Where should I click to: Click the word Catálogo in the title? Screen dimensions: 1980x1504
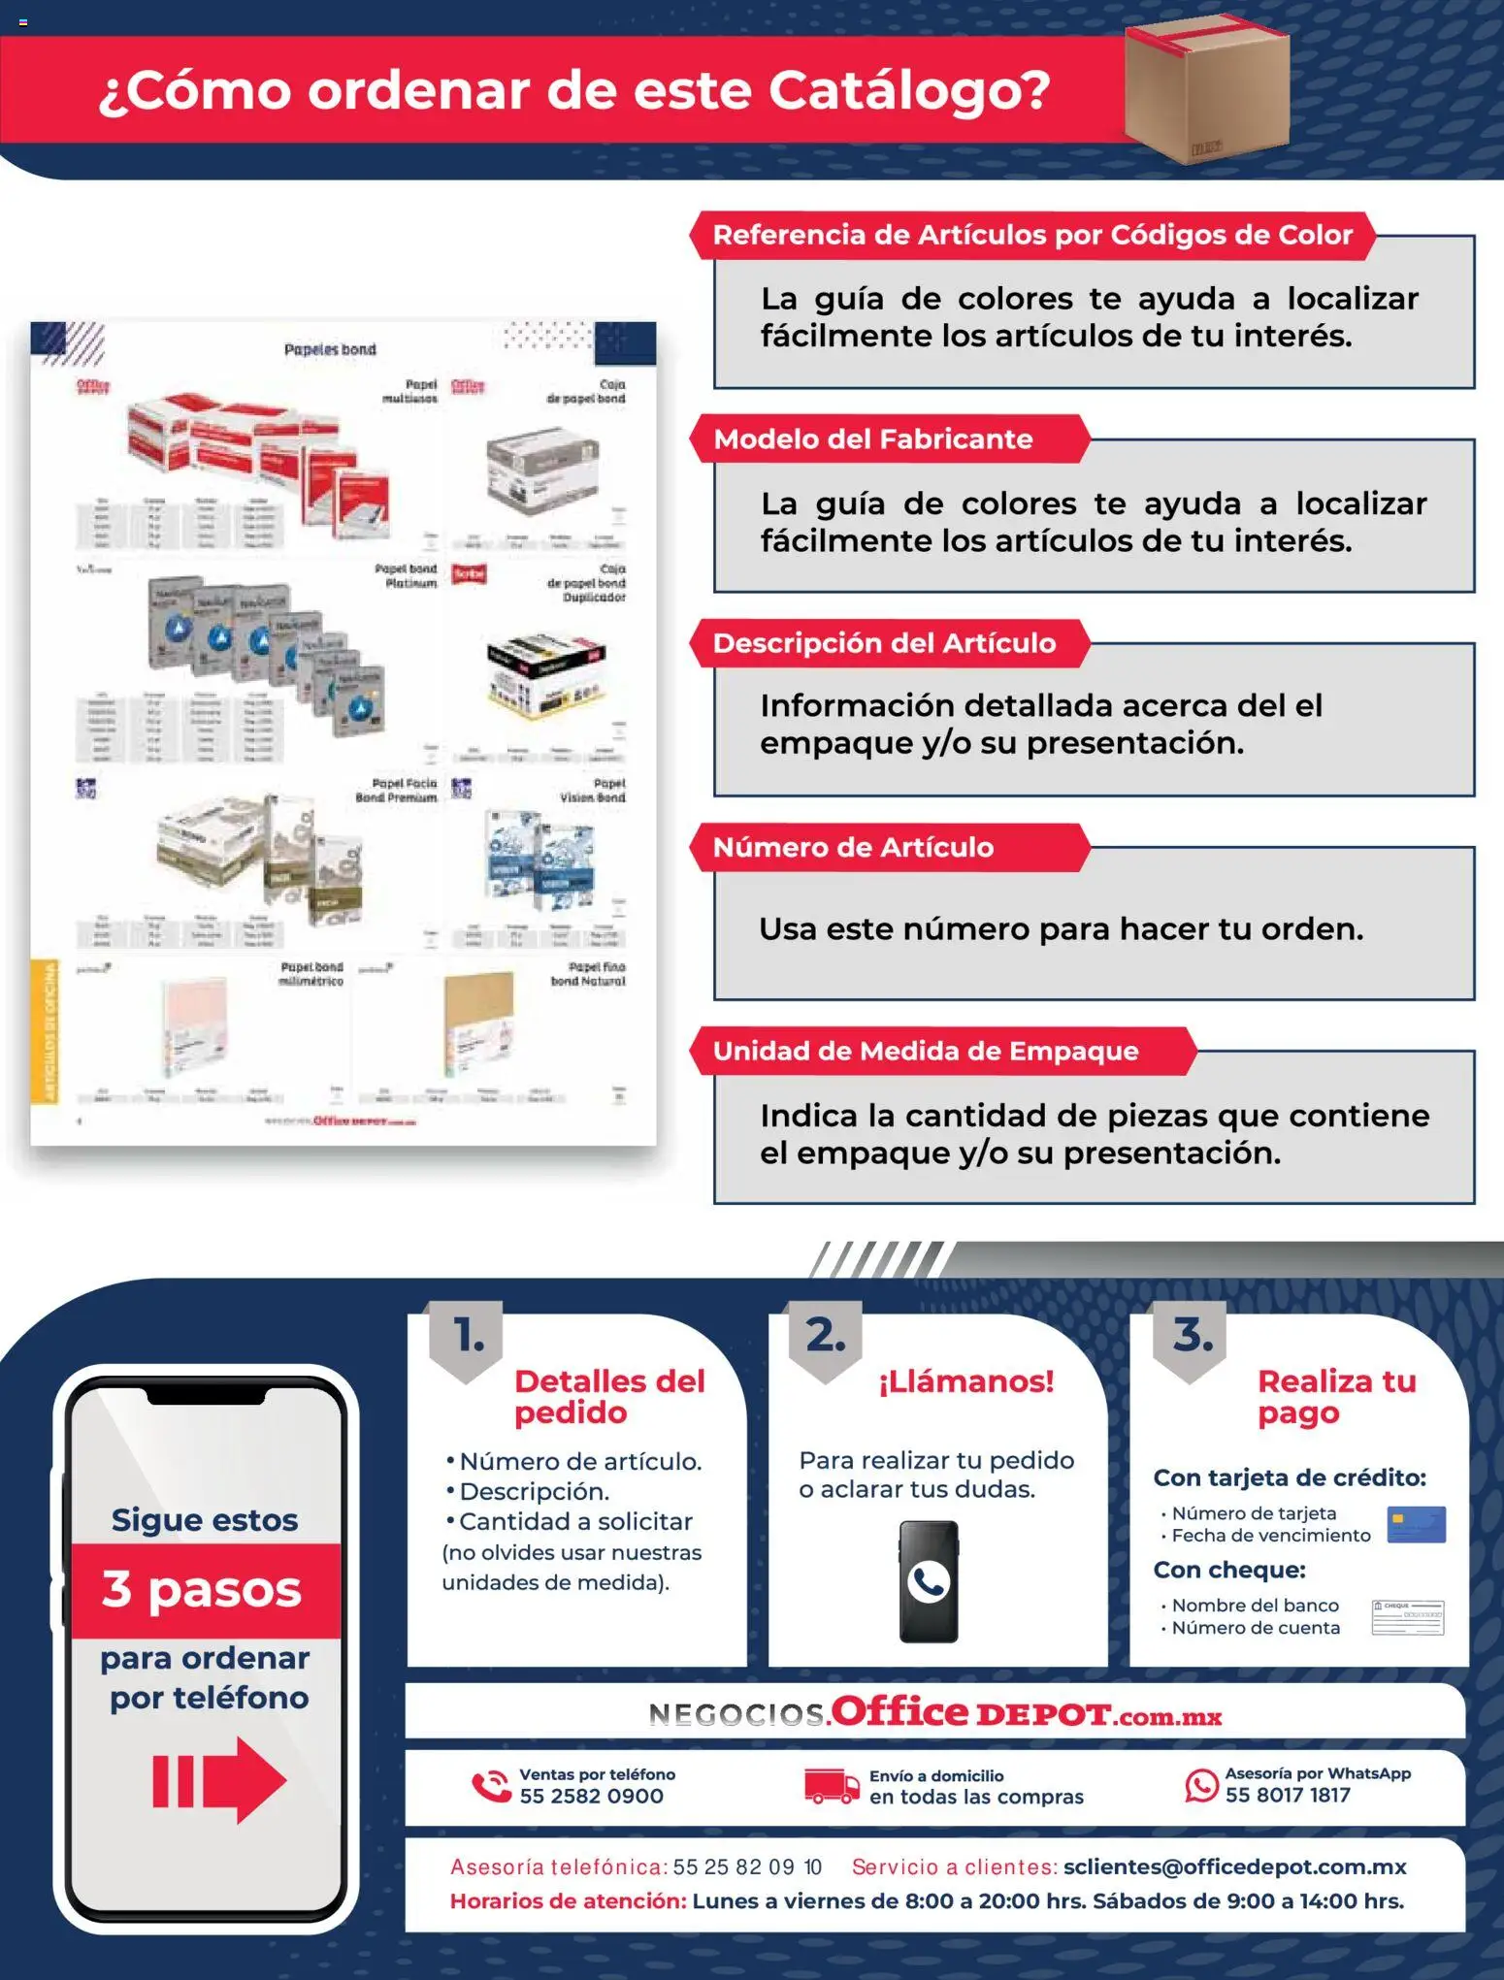pyautogui.click(x=908, y=90)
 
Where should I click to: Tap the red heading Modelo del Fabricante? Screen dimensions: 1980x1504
pyautogui.click(x=872, y=439)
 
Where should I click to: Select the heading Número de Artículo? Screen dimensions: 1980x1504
pyautogui.click(x=853, y=848)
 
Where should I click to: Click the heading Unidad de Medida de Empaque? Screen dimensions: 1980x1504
pyautogui.click(x=925, y=1052)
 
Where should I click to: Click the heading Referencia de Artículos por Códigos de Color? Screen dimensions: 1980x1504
pyautogui.click(x=1031, y=236)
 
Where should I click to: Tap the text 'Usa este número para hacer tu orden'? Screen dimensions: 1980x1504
pyautogui.click(x=1060, y=929)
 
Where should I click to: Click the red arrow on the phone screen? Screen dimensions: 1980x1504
pyautogui.click(x=219, y=1780)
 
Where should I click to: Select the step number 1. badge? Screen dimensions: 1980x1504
pyautogui.click(x=468, y=1338)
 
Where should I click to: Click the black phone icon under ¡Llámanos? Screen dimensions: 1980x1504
pyautogui.click(x=929, y=1581)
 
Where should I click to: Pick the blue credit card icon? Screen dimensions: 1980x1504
pyautogui.click(x=1416, y=1524)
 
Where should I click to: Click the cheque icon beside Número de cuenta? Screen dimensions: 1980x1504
pyautogui.click(x=1407, y=1617)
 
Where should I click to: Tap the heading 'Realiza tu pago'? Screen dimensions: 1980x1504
pyautogui.click(x=1336, y=1396)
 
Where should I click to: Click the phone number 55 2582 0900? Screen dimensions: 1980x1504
pyautogui.click(x=591, y=1797)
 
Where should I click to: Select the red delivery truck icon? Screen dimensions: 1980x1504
pyautogui.click(x=831, y=1785)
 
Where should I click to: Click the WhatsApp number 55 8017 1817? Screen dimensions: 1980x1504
pyautogui.click(x=1287, y=1796)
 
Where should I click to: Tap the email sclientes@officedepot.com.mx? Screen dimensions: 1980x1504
pyautogui.click(x=1234, y=1866)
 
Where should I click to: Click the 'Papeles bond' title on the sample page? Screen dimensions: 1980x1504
pyautogui.click(x=330, y=349)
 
